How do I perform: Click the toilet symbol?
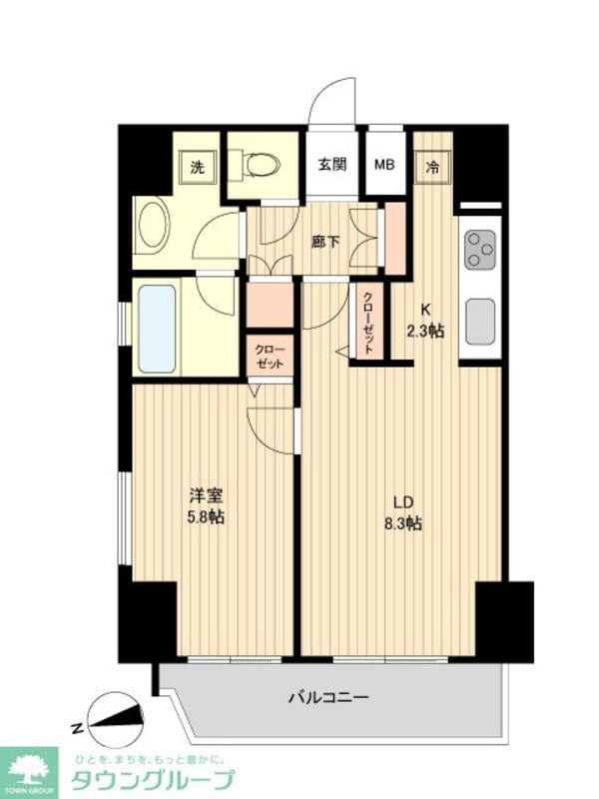coord(262,163)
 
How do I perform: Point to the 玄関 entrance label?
coord(332,165)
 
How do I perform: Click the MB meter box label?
coord(384,165)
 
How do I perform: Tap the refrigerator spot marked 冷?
coord(433,167)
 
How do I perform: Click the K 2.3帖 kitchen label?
coord(424,321)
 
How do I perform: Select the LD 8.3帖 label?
coord(401,511)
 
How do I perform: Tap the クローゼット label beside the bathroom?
coord(270,356)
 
